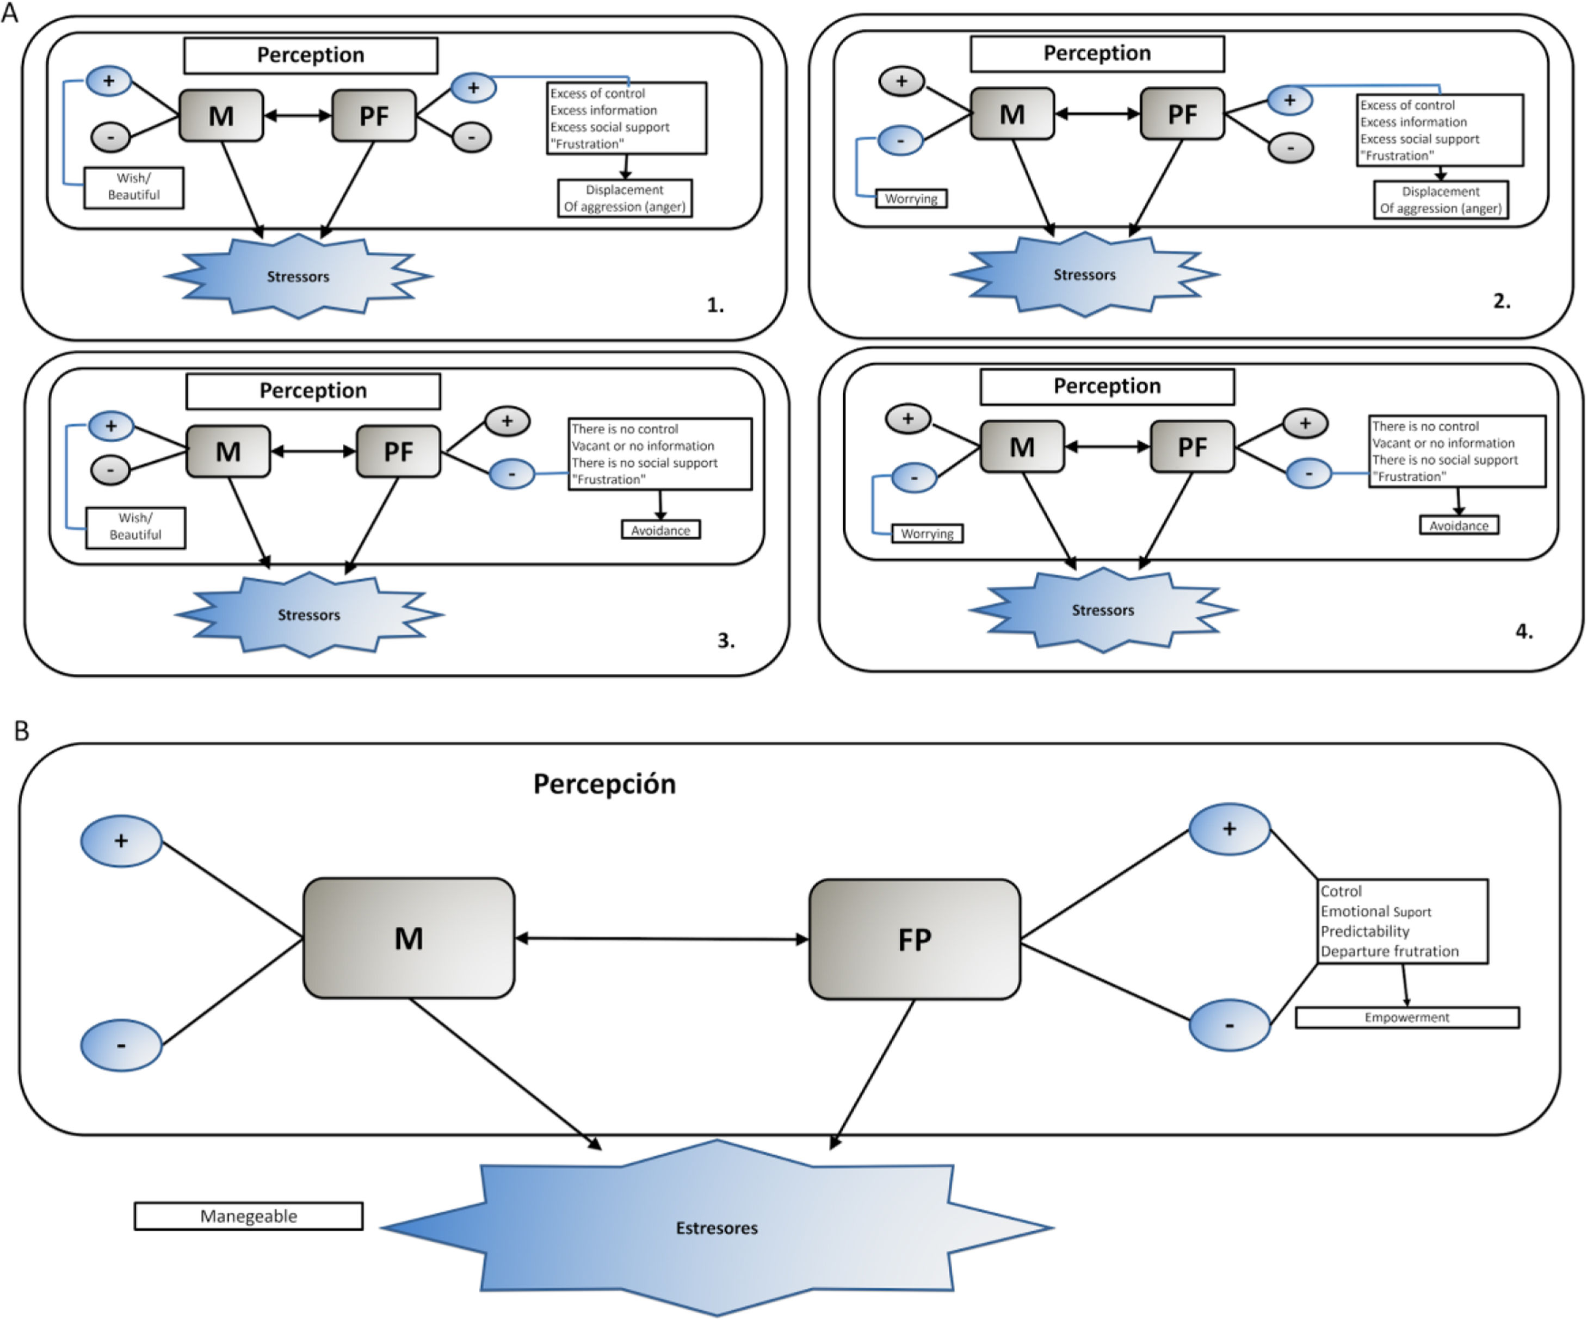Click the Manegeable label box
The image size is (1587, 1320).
(248, 1216)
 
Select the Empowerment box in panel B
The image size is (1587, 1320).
(1406, 1017)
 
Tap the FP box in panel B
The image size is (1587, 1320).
(915, 939)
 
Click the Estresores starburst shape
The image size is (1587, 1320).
(717, 1228)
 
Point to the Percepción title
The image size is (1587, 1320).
(604, 784)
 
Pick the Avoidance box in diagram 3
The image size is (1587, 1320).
(660, 530)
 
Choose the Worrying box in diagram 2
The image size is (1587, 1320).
(911, 199)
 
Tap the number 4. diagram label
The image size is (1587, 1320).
(1523, 631)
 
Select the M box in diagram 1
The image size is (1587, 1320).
(221, 116)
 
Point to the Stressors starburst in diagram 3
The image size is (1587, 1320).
(308, 614)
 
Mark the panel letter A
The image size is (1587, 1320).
(10, 13)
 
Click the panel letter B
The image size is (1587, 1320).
(21, 730)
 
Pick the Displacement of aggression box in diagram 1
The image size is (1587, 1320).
(624, 199)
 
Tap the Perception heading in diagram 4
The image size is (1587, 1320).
(1107, 386)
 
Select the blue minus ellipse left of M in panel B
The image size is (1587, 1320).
(121, 1046)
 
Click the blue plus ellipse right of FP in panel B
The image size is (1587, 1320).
(1229, 829)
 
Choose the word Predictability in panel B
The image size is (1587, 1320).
(1365, 931)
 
